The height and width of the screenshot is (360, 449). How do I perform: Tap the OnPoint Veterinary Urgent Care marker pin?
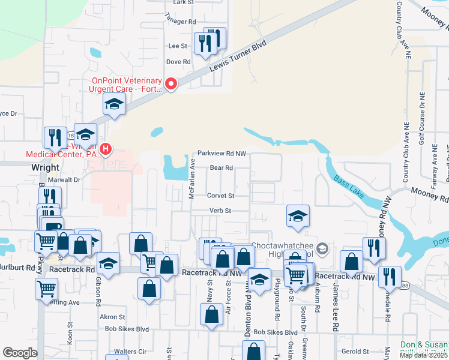171,84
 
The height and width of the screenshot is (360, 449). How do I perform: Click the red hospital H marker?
106,148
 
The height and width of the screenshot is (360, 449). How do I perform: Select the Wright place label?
46,167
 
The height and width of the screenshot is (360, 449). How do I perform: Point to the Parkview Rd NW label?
223,154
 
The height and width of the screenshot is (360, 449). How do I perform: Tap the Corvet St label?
220,196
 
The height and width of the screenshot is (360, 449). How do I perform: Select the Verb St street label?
220,211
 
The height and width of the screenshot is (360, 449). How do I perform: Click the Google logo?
20,353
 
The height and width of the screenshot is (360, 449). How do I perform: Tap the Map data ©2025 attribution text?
424,355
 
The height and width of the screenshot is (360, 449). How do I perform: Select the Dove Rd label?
178,62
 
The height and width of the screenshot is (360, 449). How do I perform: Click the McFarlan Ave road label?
193,178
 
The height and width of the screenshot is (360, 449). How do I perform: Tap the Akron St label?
112,317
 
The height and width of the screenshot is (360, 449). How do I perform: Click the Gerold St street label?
354,351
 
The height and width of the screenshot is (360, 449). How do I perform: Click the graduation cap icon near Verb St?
298,217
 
